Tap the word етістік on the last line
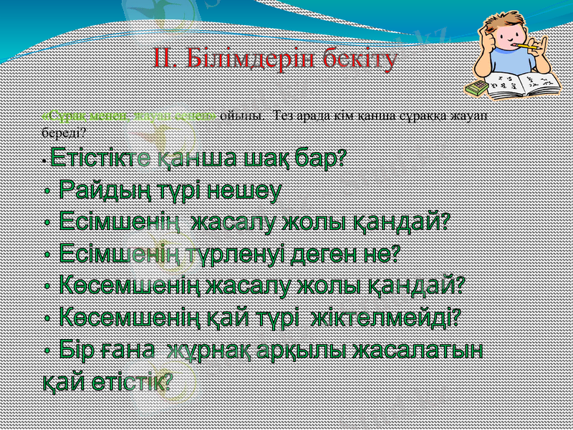pyautogui.click(x=133, y=381)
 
